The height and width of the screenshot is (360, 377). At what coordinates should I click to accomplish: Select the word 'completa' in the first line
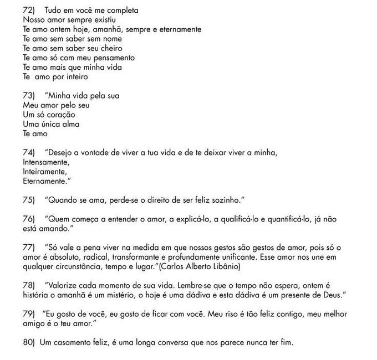point(123,11)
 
